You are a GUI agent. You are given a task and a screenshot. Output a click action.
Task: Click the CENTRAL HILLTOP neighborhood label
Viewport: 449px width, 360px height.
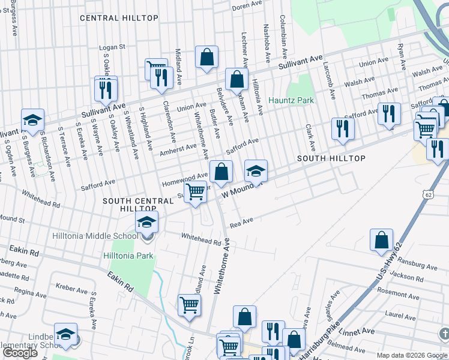coord(119,18)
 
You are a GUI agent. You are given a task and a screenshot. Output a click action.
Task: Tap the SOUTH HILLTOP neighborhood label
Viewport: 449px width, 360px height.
coord(331,158)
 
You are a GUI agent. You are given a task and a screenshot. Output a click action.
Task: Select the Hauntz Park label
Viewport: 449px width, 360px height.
coord(291,100)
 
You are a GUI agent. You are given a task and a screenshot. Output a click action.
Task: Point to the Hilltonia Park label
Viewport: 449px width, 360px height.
coord(128,256)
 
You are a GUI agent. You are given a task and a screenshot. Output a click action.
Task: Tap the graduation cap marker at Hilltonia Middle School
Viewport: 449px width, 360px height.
coord(146,224)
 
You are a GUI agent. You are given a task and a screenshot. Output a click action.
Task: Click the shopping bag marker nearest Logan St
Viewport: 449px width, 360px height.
coord(206,58)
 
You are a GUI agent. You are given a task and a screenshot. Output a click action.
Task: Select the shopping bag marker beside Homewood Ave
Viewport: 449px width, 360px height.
coord(221,172)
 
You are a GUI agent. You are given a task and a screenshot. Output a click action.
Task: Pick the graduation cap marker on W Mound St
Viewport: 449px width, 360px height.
coord(256,172)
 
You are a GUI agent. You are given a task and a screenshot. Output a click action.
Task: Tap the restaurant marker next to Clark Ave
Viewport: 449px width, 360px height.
coord(343,129)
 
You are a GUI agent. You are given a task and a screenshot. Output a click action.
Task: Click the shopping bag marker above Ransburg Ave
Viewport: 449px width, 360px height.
coord(382,241)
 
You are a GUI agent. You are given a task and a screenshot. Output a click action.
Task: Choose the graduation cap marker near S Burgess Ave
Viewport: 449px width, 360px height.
coord(32,120)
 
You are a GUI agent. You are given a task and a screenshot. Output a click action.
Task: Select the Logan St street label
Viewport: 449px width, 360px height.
coord(112,46)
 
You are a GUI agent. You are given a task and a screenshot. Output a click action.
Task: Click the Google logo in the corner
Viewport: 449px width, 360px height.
coord(20,353)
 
